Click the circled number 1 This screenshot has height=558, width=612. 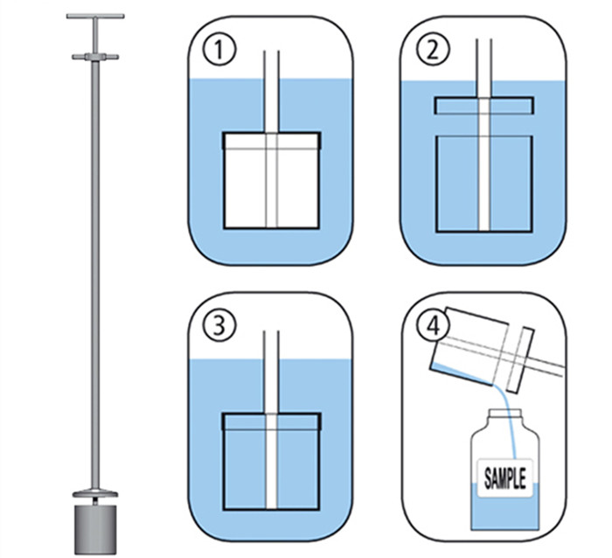tap(219, 50)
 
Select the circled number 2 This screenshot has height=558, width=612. tap(433, 50)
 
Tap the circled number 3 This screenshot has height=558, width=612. tap(219, 324)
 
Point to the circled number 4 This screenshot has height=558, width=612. tap(434, 324)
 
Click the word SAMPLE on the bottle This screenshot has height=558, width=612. tap(504, 478)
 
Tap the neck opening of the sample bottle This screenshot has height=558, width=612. tap(505, 412)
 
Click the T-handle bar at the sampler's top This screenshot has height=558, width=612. tap(95, 17)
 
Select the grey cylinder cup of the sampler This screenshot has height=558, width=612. tap(95, 529)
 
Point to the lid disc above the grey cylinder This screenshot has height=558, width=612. tap(95, 494)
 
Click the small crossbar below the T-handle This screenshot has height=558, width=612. tap(95, 57)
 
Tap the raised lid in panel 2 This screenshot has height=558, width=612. tap(484, 106)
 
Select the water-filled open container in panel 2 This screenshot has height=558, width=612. tap(484, 184)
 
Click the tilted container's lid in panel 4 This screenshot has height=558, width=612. tap(521, 359)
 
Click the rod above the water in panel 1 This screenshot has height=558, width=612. tap(272, 65)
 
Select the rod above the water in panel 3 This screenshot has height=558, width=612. tap(271, 345)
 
